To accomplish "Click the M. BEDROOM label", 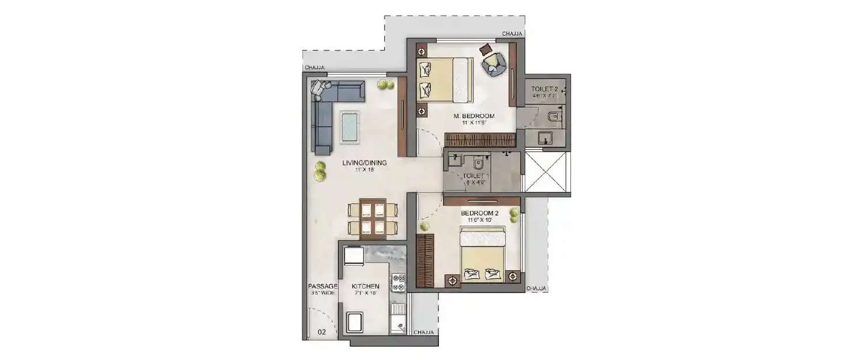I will click(478, 116).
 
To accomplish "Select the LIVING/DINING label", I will click(364, 163).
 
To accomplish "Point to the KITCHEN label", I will click(365, 286).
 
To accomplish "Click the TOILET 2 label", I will click(544, 89).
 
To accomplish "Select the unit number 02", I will click(322, 332).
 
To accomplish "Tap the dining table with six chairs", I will click(372, 217).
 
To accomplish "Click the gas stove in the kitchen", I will click(398, 282).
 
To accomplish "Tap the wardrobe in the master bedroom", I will click(481, 139).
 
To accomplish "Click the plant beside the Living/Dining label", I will click(319, 171).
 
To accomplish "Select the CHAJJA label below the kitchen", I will click(423, 332).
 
